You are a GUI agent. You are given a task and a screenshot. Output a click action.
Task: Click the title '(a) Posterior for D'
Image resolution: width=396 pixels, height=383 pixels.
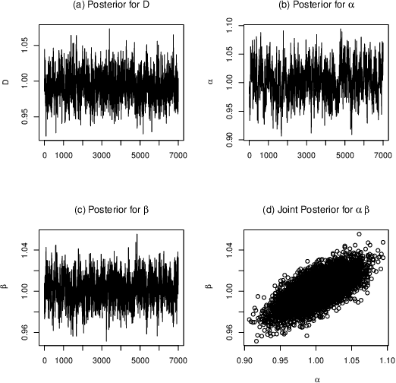click(x=111, y=7)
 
